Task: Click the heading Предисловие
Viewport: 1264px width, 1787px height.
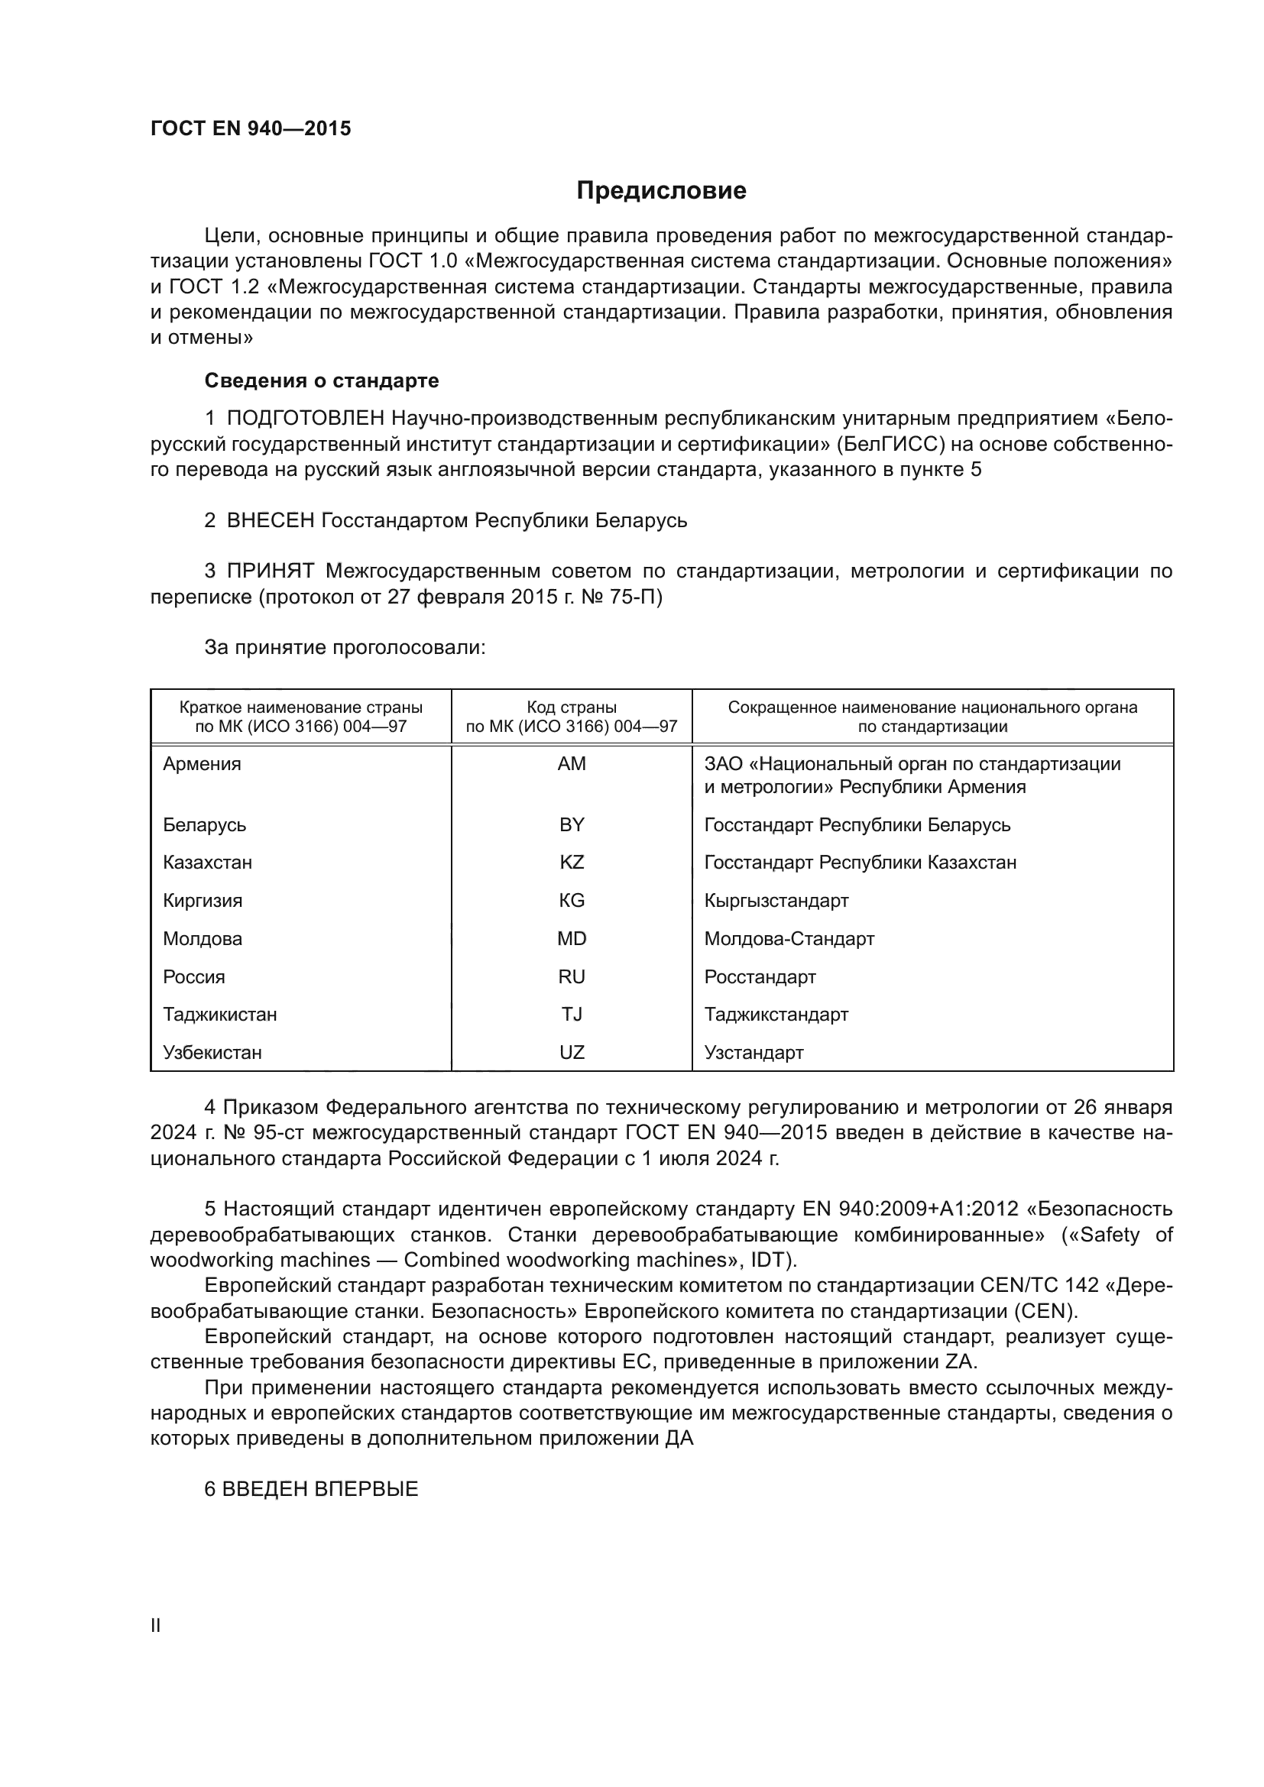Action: coord(661,191)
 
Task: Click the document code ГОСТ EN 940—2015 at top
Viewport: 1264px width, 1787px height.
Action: coord(251,129)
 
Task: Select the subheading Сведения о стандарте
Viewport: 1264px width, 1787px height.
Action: coord(322,380)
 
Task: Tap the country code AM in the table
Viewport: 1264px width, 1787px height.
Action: coord(572,764)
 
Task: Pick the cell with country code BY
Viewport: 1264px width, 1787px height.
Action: coord(572,825)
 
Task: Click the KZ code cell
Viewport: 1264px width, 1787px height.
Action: coord(572,863)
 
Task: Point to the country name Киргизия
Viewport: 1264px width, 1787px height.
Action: coord(203,902)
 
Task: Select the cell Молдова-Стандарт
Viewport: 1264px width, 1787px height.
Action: coord(789,940)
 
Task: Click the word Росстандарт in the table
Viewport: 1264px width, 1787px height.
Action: coord(760,978)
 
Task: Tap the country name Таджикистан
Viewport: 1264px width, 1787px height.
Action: coord(219,1015)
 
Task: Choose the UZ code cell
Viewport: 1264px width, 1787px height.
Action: coord(572,1053)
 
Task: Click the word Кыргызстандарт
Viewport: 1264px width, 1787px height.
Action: coord(776,902)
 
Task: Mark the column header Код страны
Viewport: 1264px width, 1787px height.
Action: coord(572,707)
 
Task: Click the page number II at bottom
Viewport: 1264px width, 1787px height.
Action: coord(156,1625)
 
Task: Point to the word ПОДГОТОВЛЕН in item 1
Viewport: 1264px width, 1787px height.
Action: coord(305,419)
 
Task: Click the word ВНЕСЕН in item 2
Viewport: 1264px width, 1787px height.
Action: coord(270,521)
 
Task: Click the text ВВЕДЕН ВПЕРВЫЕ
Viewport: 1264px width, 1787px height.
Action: coord(320,1489)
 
